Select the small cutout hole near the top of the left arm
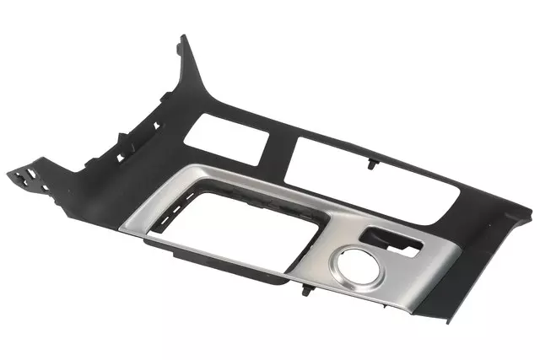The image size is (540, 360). point(155,126)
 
